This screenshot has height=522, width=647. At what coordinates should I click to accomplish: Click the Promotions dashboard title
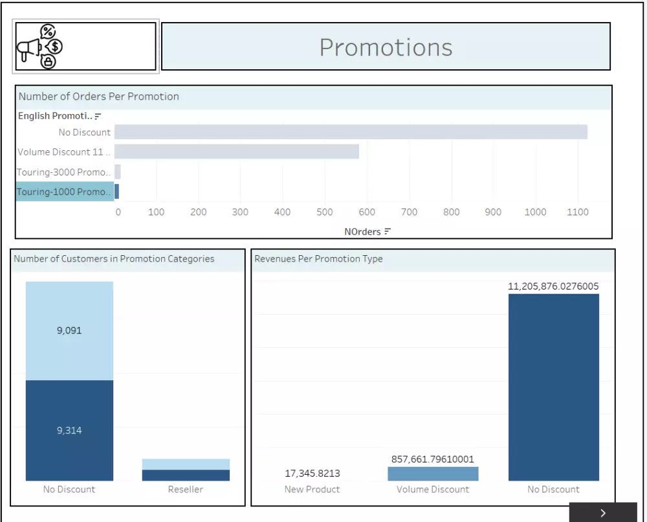click(x=386, y=47)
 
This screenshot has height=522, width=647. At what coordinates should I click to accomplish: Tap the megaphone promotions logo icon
click(x=40, y=46)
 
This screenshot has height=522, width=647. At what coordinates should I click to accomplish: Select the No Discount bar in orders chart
click(x=351, y=132)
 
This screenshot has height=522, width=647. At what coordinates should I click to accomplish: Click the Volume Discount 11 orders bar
click(x=237, y=152)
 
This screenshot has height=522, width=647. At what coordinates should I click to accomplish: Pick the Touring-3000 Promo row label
click(x=64, y=172)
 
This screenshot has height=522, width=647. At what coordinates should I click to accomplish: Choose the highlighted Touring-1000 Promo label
click(x=64, y=192)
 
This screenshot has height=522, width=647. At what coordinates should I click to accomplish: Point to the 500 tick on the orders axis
click(x=325, y=212)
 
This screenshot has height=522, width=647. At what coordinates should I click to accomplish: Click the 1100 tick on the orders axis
click(x=577, y=212)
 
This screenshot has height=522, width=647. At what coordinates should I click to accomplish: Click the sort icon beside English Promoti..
click(x=98, y=117)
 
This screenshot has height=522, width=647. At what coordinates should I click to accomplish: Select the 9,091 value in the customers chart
click(x=69, y=330)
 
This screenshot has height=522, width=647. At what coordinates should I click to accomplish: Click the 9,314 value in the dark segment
click(x=69, y=430)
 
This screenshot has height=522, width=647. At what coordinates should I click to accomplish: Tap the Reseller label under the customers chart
click(x=186, y=490)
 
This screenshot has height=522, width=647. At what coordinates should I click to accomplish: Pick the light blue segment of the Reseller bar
click(x=186, y=464)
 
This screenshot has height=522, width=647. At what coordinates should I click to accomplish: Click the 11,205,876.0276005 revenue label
click(x=553, y=286)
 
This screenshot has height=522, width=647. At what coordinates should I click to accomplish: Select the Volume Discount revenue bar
click(x=433, y=474)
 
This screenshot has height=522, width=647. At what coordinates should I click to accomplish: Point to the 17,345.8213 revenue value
click(x=313, y=473)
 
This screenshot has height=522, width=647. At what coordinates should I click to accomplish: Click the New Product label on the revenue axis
click(x=313, y=490)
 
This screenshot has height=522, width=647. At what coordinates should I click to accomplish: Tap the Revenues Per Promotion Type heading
click(x=319, y=259)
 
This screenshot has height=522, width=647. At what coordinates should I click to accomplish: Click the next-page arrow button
click(x=603, y=513)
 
